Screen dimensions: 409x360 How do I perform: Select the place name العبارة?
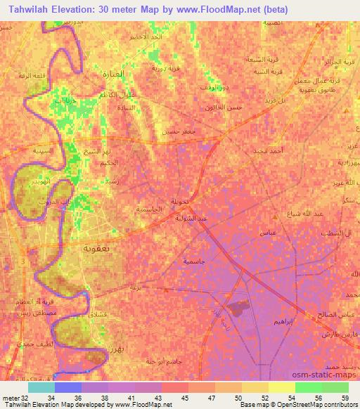[x=111, y=73]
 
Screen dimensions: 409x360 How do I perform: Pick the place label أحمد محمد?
[x=268, y=150]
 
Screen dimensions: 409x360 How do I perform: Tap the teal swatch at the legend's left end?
[x=41, y=387]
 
